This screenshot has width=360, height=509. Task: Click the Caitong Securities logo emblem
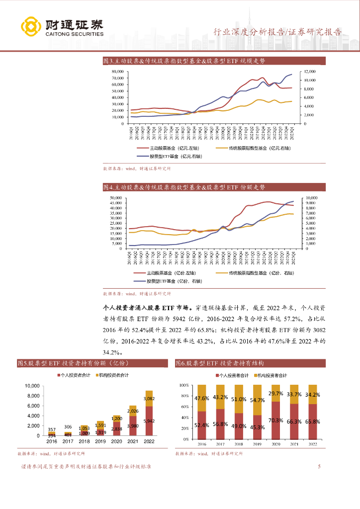pos(31,27)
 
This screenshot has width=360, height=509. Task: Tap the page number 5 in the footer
pos(319,467)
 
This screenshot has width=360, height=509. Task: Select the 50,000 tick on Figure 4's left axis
pos(117,198)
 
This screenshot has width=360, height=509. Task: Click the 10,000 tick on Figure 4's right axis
pos(308,198)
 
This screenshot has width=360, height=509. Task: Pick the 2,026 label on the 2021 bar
pos(132,411)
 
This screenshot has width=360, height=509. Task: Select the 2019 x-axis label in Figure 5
pos(100,441)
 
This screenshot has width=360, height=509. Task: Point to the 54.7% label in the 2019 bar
pos(257,400)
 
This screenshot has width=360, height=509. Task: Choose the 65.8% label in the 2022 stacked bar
pos(312,422)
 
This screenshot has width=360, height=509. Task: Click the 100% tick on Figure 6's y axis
pos(184,385)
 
